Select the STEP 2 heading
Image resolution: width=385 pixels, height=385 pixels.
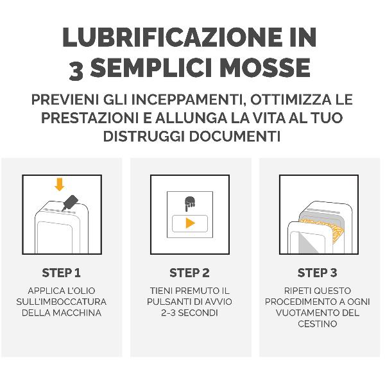tap(189, 273)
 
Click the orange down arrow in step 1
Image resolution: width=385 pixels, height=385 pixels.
tap(60, 185)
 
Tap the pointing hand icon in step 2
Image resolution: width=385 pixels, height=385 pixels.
tap(190, 202)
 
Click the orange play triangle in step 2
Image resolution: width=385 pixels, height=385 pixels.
tap(190, 223)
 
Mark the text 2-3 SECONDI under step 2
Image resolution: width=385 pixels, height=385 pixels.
tap(190, 313)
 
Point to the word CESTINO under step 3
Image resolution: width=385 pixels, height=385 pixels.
tap(318, 324)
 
